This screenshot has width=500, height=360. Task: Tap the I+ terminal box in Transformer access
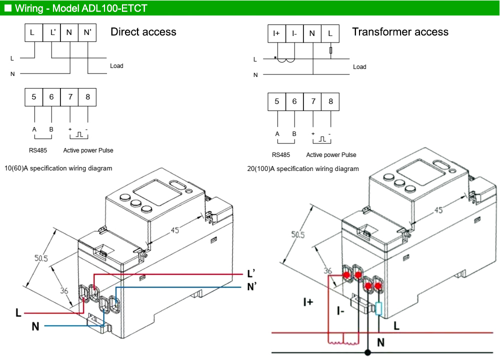[x=276, y=33]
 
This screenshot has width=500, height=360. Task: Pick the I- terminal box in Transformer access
[x=294, y=33]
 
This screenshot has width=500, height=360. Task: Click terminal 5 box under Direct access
[x=34, y=97]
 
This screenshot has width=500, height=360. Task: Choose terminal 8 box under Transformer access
[x=330, y=101]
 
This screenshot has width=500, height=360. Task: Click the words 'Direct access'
[x=143, y=32]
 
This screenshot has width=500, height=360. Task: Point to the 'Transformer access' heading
[x=400, y=32]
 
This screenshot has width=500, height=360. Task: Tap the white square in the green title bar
[x=8, y=8]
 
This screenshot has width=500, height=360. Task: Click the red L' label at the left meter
[x=252, y=274]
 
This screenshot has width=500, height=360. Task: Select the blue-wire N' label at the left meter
[x=252, y=287]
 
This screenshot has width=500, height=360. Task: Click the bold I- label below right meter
[x=340, y=311]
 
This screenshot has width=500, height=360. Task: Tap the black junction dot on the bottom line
[x=368, y=352]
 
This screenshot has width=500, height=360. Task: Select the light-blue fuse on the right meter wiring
[x=378, y=309]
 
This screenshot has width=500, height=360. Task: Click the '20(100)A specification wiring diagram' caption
[x=303, y=169]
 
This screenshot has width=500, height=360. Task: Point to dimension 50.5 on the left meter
[x=41, y=258]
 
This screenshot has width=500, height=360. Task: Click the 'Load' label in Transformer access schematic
[x=359, y=67]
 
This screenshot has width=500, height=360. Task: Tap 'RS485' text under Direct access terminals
[x=38, y=150]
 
